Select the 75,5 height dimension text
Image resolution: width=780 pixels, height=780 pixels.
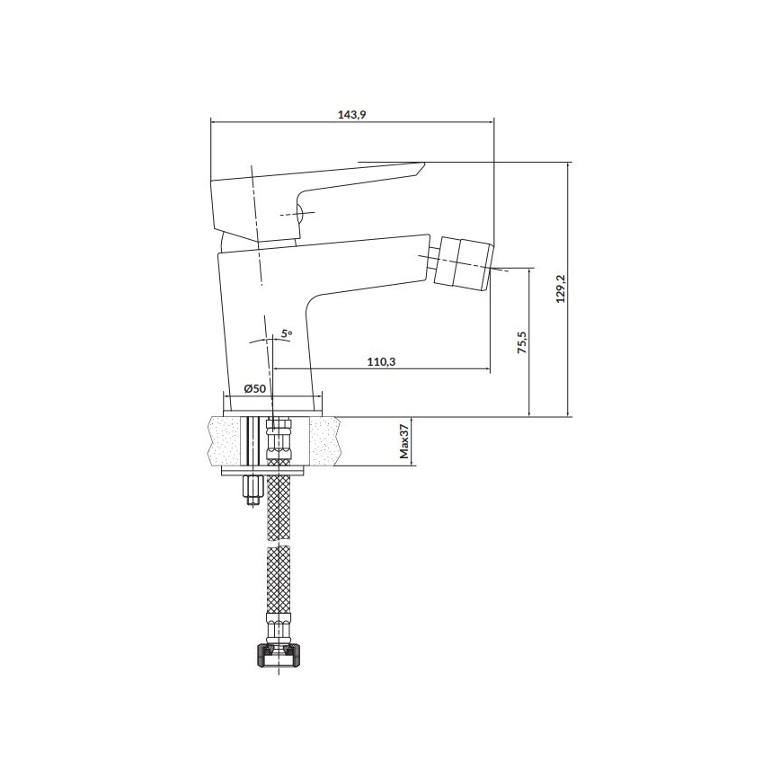(520, 343)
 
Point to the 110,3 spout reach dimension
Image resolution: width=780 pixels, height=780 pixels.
(381, 361)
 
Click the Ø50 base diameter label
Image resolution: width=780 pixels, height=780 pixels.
(255, 388)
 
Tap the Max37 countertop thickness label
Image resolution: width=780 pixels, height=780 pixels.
(404, 442)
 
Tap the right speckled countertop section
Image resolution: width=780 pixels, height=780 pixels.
(325, 441)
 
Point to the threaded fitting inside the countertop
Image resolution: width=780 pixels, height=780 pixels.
(279, 440)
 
